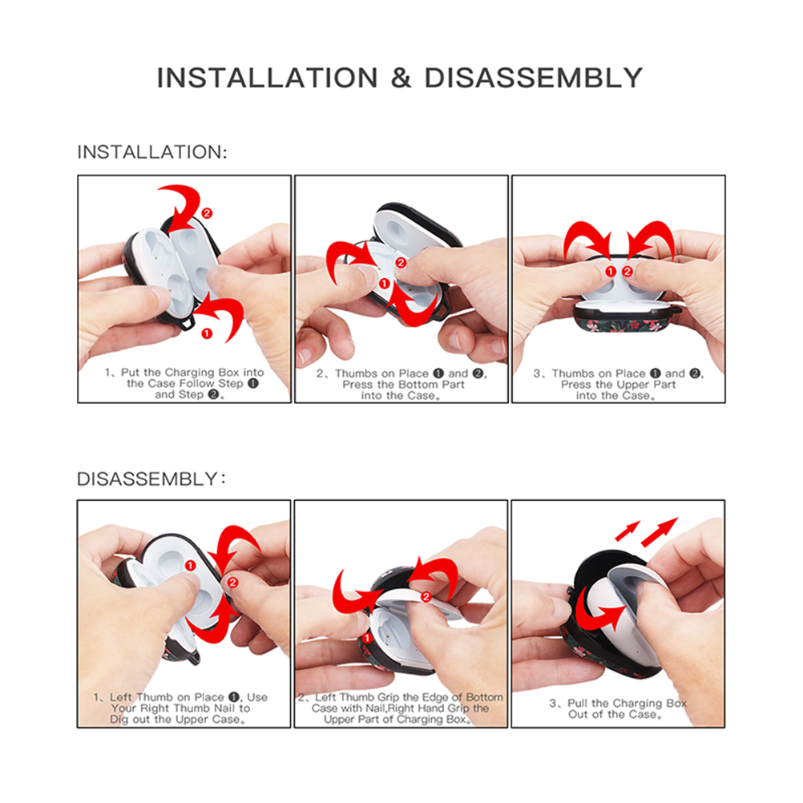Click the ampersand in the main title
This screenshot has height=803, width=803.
401,79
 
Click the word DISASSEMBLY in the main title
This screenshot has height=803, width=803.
533,79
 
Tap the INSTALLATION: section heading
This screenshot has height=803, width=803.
152,152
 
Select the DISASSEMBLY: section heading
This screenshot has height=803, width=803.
151,478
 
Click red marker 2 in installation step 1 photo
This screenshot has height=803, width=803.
207,213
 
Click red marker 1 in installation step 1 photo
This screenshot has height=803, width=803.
207,334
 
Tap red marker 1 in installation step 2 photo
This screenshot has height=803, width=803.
385,283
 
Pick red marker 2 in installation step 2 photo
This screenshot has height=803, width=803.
401,263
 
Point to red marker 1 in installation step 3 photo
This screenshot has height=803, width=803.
611,272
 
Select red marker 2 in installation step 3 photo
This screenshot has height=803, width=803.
627,272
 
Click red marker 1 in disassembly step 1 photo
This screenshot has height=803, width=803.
191,565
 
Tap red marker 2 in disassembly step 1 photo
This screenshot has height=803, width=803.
232,583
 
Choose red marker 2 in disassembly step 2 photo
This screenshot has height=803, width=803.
426,597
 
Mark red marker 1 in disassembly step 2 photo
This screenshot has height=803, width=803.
367,638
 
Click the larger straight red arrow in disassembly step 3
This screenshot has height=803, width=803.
660,531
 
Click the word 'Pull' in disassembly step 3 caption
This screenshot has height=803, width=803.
578,703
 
